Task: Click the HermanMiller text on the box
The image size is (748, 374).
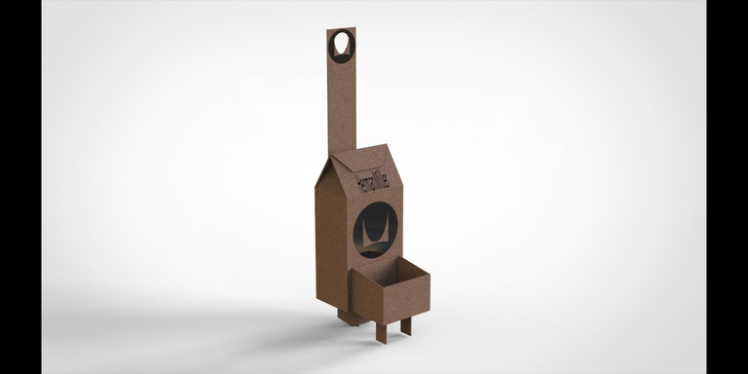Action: point(372,182)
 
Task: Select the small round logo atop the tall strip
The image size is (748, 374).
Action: point(342,47)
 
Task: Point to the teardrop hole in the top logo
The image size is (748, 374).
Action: point(340,44)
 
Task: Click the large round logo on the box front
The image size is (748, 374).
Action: point(375,230)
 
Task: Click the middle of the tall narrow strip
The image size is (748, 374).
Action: point(342,91)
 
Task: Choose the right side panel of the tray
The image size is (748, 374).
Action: point(407,297)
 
